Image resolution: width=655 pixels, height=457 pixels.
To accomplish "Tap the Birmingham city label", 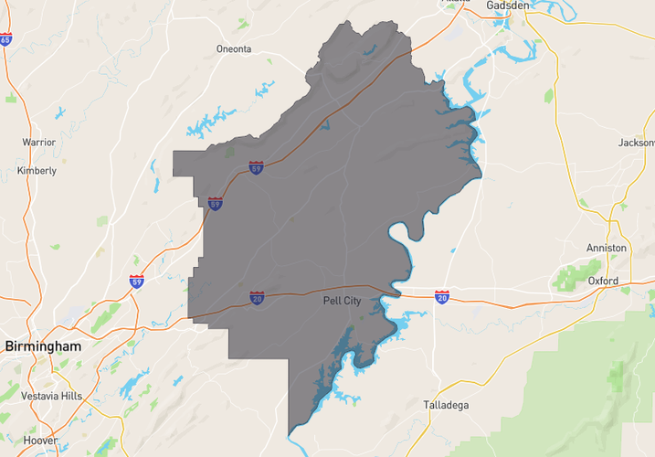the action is pyautogui.click(x=42, y=346).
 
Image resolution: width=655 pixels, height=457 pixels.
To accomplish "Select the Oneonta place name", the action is pyautogui.click(x=233, y=49).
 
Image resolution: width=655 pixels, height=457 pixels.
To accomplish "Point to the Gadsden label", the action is pyautogui.click(x=509, y=5).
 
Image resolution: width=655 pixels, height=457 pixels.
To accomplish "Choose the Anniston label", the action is pyautogui.click(x=607, y=248).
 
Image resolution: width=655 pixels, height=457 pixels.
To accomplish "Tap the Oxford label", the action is pyautogui.click(x=603, y=281).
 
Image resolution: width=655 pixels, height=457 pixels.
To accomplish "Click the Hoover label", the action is pyautogui.click(x=40, y=440).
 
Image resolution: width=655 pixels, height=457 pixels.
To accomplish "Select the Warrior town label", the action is pyautogui.click(x=38, y=143).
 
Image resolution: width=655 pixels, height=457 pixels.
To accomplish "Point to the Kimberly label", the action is pyautogui.click(x=37, y=171).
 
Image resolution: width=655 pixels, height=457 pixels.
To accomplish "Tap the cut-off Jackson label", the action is pyautogui.click(x=636, y=143).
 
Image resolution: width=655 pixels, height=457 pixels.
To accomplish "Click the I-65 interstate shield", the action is pyautogui.click(x=5, y=40).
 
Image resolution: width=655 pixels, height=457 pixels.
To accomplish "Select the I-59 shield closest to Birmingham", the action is pyautogui.click(x=136, y=281).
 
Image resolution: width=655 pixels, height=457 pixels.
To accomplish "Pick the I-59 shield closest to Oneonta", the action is pyautogui.click(x=257, y=168).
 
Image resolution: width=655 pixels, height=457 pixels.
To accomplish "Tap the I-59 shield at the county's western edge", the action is pyautogui.click(x=215, y=204).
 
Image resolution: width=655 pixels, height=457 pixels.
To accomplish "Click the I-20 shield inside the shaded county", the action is pyautogui.click(x=258, y=298).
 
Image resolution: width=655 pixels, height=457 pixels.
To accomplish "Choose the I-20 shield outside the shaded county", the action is pyautogui.click(x=442, y=298).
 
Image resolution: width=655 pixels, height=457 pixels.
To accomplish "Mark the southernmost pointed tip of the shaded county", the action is pyautogui.click(x=290, y=432).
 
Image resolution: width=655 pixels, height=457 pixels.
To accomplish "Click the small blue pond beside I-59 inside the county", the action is pyautogui.click(x=326, y=122).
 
